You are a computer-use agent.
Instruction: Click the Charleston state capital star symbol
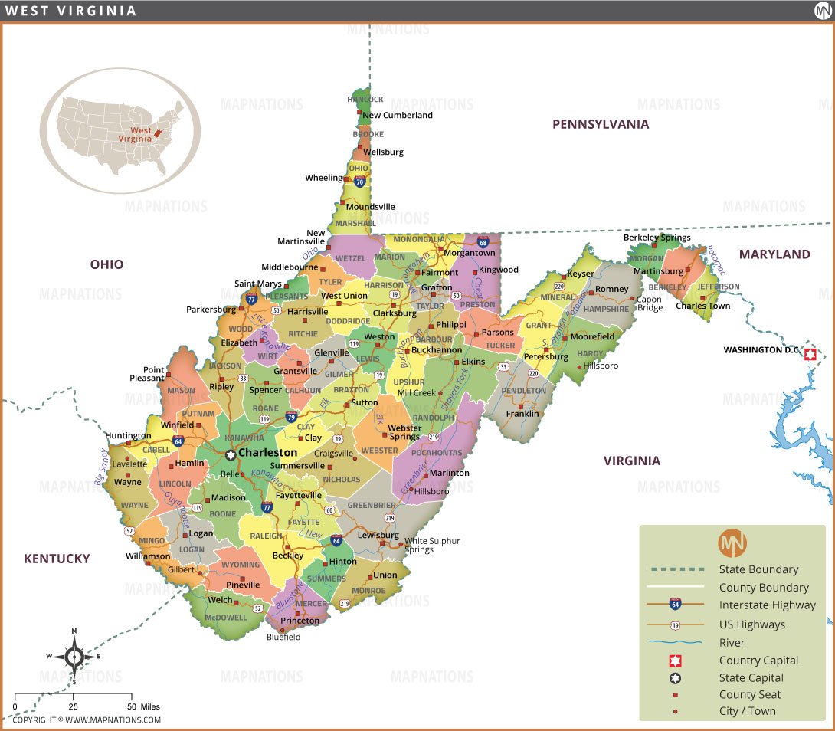[x=230, y=454]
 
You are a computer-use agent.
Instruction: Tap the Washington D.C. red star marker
[x=810, y=354]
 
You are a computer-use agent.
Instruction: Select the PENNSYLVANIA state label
[x=601, y=124]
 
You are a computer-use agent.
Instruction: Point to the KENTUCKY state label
[x=57, y=559]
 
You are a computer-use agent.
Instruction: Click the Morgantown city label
[x=469, y=253]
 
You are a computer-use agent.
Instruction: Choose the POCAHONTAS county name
[x=436, y=453]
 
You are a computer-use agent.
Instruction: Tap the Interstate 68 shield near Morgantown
[x=483, y=242]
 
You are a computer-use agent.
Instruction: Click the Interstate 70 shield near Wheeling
[x=360, y=182]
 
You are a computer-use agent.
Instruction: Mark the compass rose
[x=74, y=656]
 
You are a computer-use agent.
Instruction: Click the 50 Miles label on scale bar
[x=145, y=706]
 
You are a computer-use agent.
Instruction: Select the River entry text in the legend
[x=732, y=643]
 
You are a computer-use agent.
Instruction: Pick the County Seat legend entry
[x=750, y=694]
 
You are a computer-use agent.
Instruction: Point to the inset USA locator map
[x=120, y=130]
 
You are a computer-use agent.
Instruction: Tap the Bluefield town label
[x=283, y=637]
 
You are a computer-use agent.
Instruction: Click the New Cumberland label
[x=397, y=116]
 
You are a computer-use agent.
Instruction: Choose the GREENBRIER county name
[x=372, y=506]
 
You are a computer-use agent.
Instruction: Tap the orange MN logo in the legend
[x=732, y=543]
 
